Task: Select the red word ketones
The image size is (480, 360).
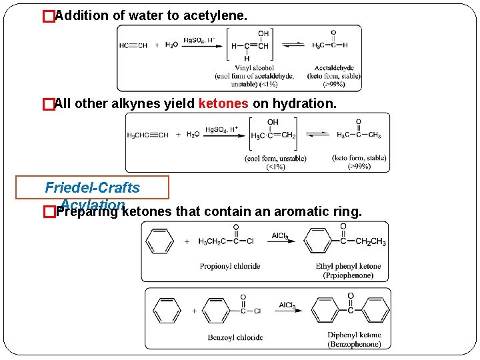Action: click(x=223, y=104)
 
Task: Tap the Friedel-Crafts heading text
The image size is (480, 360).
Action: click(x=92, y=188)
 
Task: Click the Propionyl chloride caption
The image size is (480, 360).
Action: click(x=230, y=267)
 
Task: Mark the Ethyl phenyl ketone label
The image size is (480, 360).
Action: click(x=349, y=267)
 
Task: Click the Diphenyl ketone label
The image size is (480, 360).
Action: click(x=354, y=335)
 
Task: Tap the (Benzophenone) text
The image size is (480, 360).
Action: click(x=354, y=344)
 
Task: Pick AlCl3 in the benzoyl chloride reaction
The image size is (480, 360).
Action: click(x=288, y=305)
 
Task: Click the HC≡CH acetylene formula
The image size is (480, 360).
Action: click(x=133, y=45)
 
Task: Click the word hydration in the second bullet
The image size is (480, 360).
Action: click(x=310, y=104)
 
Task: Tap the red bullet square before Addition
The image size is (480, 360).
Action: click(x=47, y=15)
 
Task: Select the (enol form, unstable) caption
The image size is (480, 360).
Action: click(x=276, y=159)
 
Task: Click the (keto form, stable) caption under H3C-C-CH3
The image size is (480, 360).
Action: click(x=359, y=159)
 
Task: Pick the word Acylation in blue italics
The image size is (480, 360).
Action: click(x=92, y=204)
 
